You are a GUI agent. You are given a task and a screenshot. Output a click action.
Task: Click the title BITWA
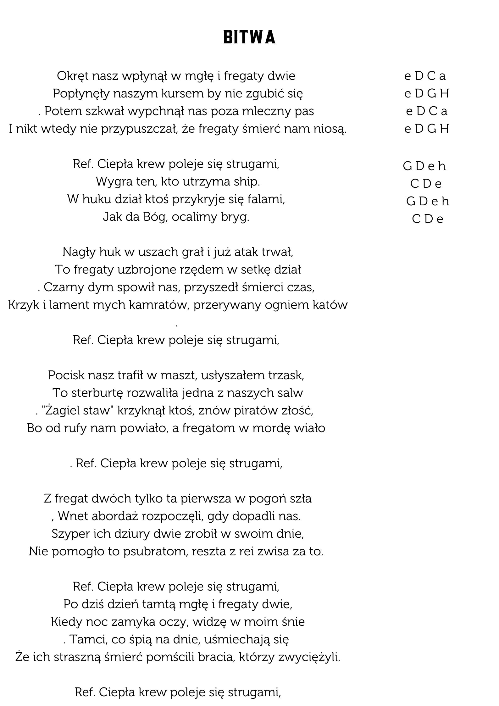click(249, 37)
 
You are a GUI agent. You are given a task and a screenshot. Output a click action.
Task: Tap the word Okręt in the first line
click(71, 76)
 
